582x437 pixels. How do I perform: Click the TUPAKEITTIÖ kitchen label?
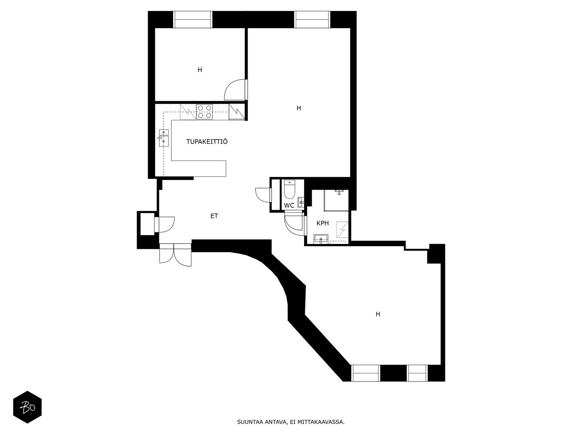click(x=207, y=142)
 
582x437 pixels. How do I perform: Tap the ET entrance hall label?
click(x=214, y=216)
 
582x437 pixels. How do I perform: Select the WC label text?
click(x=289, y=205)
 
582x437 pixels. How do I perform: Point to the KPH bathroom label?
click(x=323, y=223)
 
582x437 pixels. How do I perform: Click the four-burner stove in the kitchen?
click(x=204, y=112)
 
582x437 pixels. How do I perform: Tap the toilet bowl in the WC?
click(x=289, y=189)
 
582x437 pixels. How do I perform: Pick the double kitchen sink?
click(x=164, y=138)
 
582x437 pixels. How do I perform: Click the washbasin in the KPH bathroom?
click(x=321, y=239)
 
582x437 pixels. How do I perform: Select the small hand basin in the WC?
click(x=301, y=202)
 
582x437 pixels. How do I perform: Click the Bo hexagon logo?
click(x=28, y=407)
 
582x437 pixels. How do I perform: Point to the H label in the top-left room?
click(x=200, y=70)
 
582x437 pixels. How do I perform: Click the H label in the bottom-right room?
click(x=378, y=314)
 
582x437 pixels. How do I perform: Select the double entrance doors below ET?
click(x=175, y=255)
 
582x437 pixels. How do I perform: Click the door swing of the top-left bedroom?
click(x=235, y=90)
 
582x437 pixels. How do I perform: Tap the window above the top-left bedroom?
click(x=193, y=19)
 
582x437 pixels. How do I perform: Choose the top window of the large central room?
click(x=312, y=19)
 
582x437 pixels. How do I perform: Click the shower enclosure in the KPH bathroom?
click(x=336, y=200)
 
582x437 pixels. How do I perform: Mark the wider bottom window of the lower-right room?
click(x=366, y=373)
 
